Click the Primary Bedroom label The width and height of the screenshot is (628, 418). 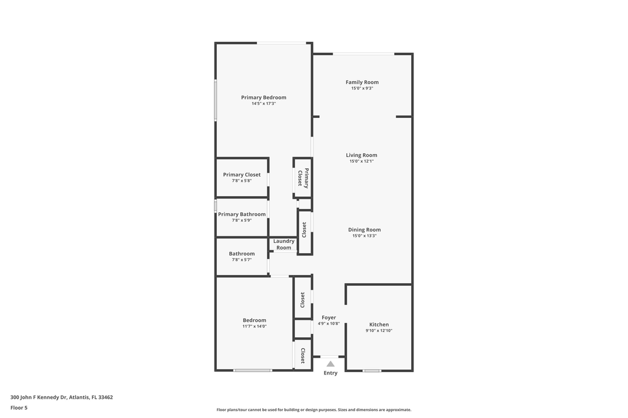click(263, 98)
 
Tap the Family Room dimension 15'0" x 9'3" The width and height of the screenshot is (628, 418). click(362, 88)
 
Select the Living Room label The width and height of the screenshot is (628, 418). click(361, 155)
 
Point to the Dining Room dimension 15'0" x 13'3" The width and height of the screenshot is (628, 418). click(364, 236)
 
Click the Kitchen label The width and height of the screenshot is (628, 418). click(379, 325)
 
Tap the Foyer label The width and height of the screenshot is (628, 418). click(329, 318)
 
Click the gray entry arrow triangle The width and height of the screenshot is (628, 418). click(330, 364)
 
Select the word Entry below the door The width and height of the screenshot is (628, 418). click(330, 373)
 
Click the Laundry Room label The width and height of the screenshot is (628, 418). click(284, 244)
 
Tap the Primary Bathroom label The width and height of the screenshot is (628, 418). click(242, 214)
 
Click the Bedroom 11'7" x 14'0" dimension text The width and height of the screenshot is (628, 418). click(254, 326)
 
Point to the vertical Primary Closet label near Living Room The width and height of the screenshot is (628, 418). click(303, 178)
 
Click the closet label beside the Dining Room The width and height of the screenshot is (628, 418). click(304, 230)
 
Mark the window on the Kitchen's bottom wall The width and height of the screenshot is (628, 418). click(372, 370)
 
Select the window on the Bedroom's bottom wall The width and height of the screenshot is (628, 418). click(252, 370)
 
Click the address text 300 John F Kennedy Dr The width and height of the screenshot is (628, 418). click(62, 397)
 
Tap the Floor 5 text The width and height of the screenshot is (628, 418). click(19, 408)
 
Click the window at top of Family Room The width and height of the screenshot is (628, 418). click(363, 54)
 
